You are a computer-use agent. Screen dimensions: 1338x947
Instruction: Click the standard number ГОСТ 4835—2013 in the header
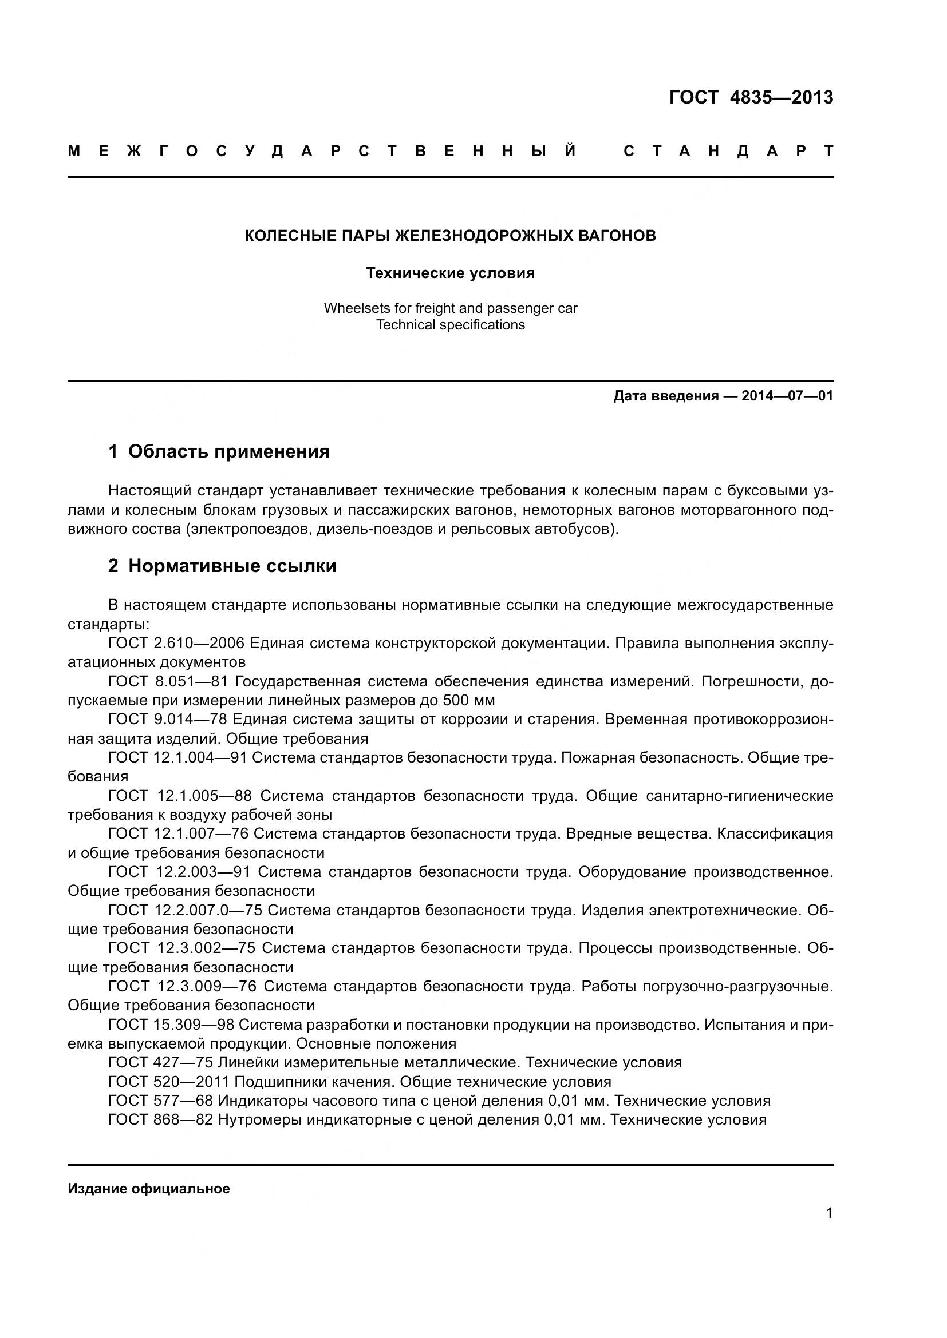tap(751, 97)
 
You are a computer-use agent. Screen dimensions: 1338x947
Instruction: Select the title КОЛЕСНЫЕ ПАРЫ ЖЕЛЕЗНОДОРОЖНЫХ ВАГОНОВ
tap(450, 236)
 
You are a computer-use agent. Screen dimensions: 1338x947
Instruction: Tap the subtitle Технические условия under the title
tap(450, 273)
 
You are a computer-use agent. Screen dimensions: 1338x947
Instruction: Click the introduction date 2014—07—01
tap(787, 396)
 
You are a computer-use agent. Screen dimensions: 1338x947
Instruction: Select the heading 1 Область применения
tap(219, 452)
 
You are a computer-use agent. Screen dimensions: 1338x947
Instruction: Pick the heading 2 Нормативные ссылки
tap(222, 566)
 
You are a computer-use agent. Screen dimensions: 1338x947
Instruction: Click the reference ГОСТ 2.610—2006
tap(179, 644)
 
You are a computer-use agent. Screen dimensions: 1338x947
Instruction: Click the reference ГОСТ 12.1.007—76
tap(178, 834)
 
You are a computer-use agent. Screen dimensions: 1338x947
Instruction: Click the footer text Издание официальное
tap(149, 1189)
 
